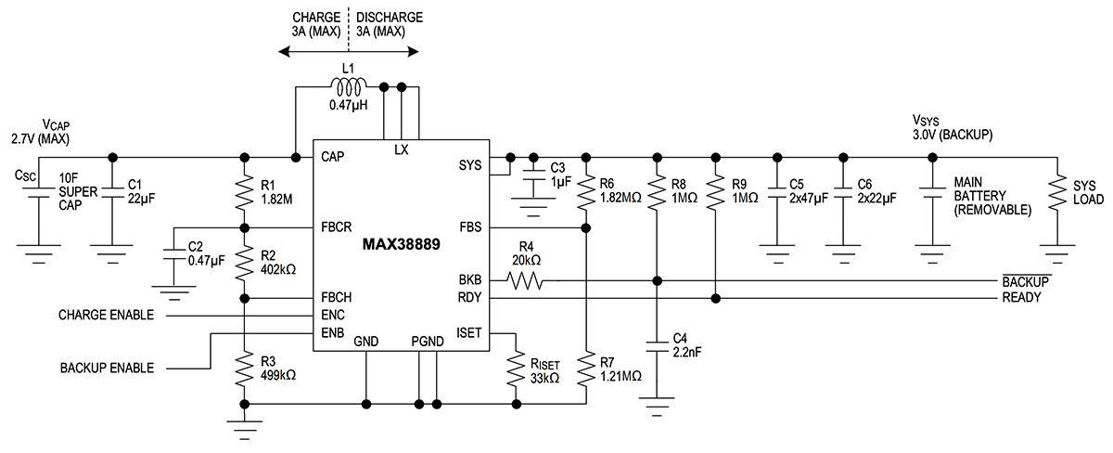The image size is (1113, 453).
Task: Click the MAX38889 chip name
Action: [x=402, y=245]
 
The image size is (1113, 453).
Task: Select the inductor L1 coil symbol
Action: [x=349, y=88]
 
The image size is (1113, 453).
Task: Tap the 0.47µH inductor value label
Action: [x=349, y=106]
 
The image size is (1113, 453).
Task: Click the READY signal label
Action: [x=1022, y=298]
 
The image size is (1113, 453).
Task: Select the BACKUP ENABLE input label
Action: [x=107, y=368]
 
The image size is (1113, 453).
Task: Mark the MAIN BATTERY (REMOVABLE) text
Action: [x=991, y=197]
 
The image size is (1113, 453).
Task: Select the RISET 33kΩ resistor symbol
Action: [x=516, y=369]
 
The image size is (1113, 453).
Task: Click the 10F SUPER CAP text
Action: [x=77, y=191]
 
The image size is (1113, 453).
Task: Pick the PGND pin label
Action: [x=428, y=342]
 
